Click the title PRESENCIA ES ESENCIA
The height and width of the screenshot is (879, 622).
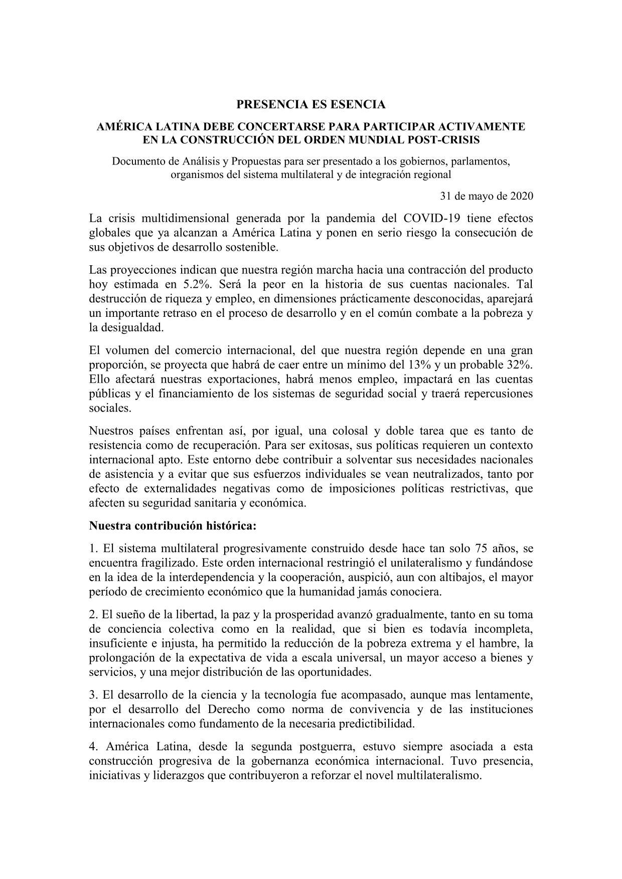[311, 104]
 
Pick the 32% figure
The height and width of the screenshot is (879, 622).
[519, 364]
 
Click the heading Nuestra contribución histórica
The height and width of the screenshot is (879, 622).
[173, 525]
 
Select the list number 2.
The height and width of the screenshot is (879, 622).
[92, 614]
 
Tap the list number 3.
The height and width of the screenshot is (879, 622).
[92, 695]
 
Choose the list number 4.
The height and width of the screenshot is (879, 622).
[92, 747]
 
